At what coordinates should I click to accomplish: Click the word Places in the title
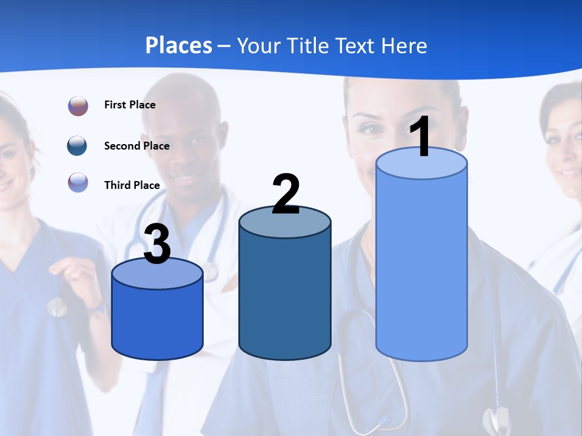(178, 45)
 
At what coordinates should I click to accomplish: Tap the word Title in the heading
(309, 45)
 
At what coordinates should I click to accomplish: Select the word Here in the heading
(405, 45)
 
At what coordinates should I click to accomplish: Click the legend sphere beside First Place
(78, 105)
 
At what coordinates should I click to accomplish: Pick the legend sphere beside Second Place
(78, 146)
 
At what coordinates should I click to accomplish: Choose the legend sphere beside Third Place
(78, 182)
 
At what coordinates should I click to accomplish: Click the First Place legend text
(130, 105)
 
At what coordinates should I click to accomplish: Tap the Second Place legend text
(136, 146)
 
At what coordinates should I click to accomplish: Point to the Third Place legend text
(132, 185)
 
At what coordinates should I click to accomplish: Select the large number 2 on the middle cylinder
(286, 194)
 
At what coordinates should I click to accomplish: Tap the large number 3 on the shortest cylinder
(157, 245)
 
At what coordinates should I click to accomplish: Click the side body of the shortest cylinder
(157, 321)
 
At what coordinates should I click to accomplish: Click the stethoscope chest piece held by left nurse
(57, 307)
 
